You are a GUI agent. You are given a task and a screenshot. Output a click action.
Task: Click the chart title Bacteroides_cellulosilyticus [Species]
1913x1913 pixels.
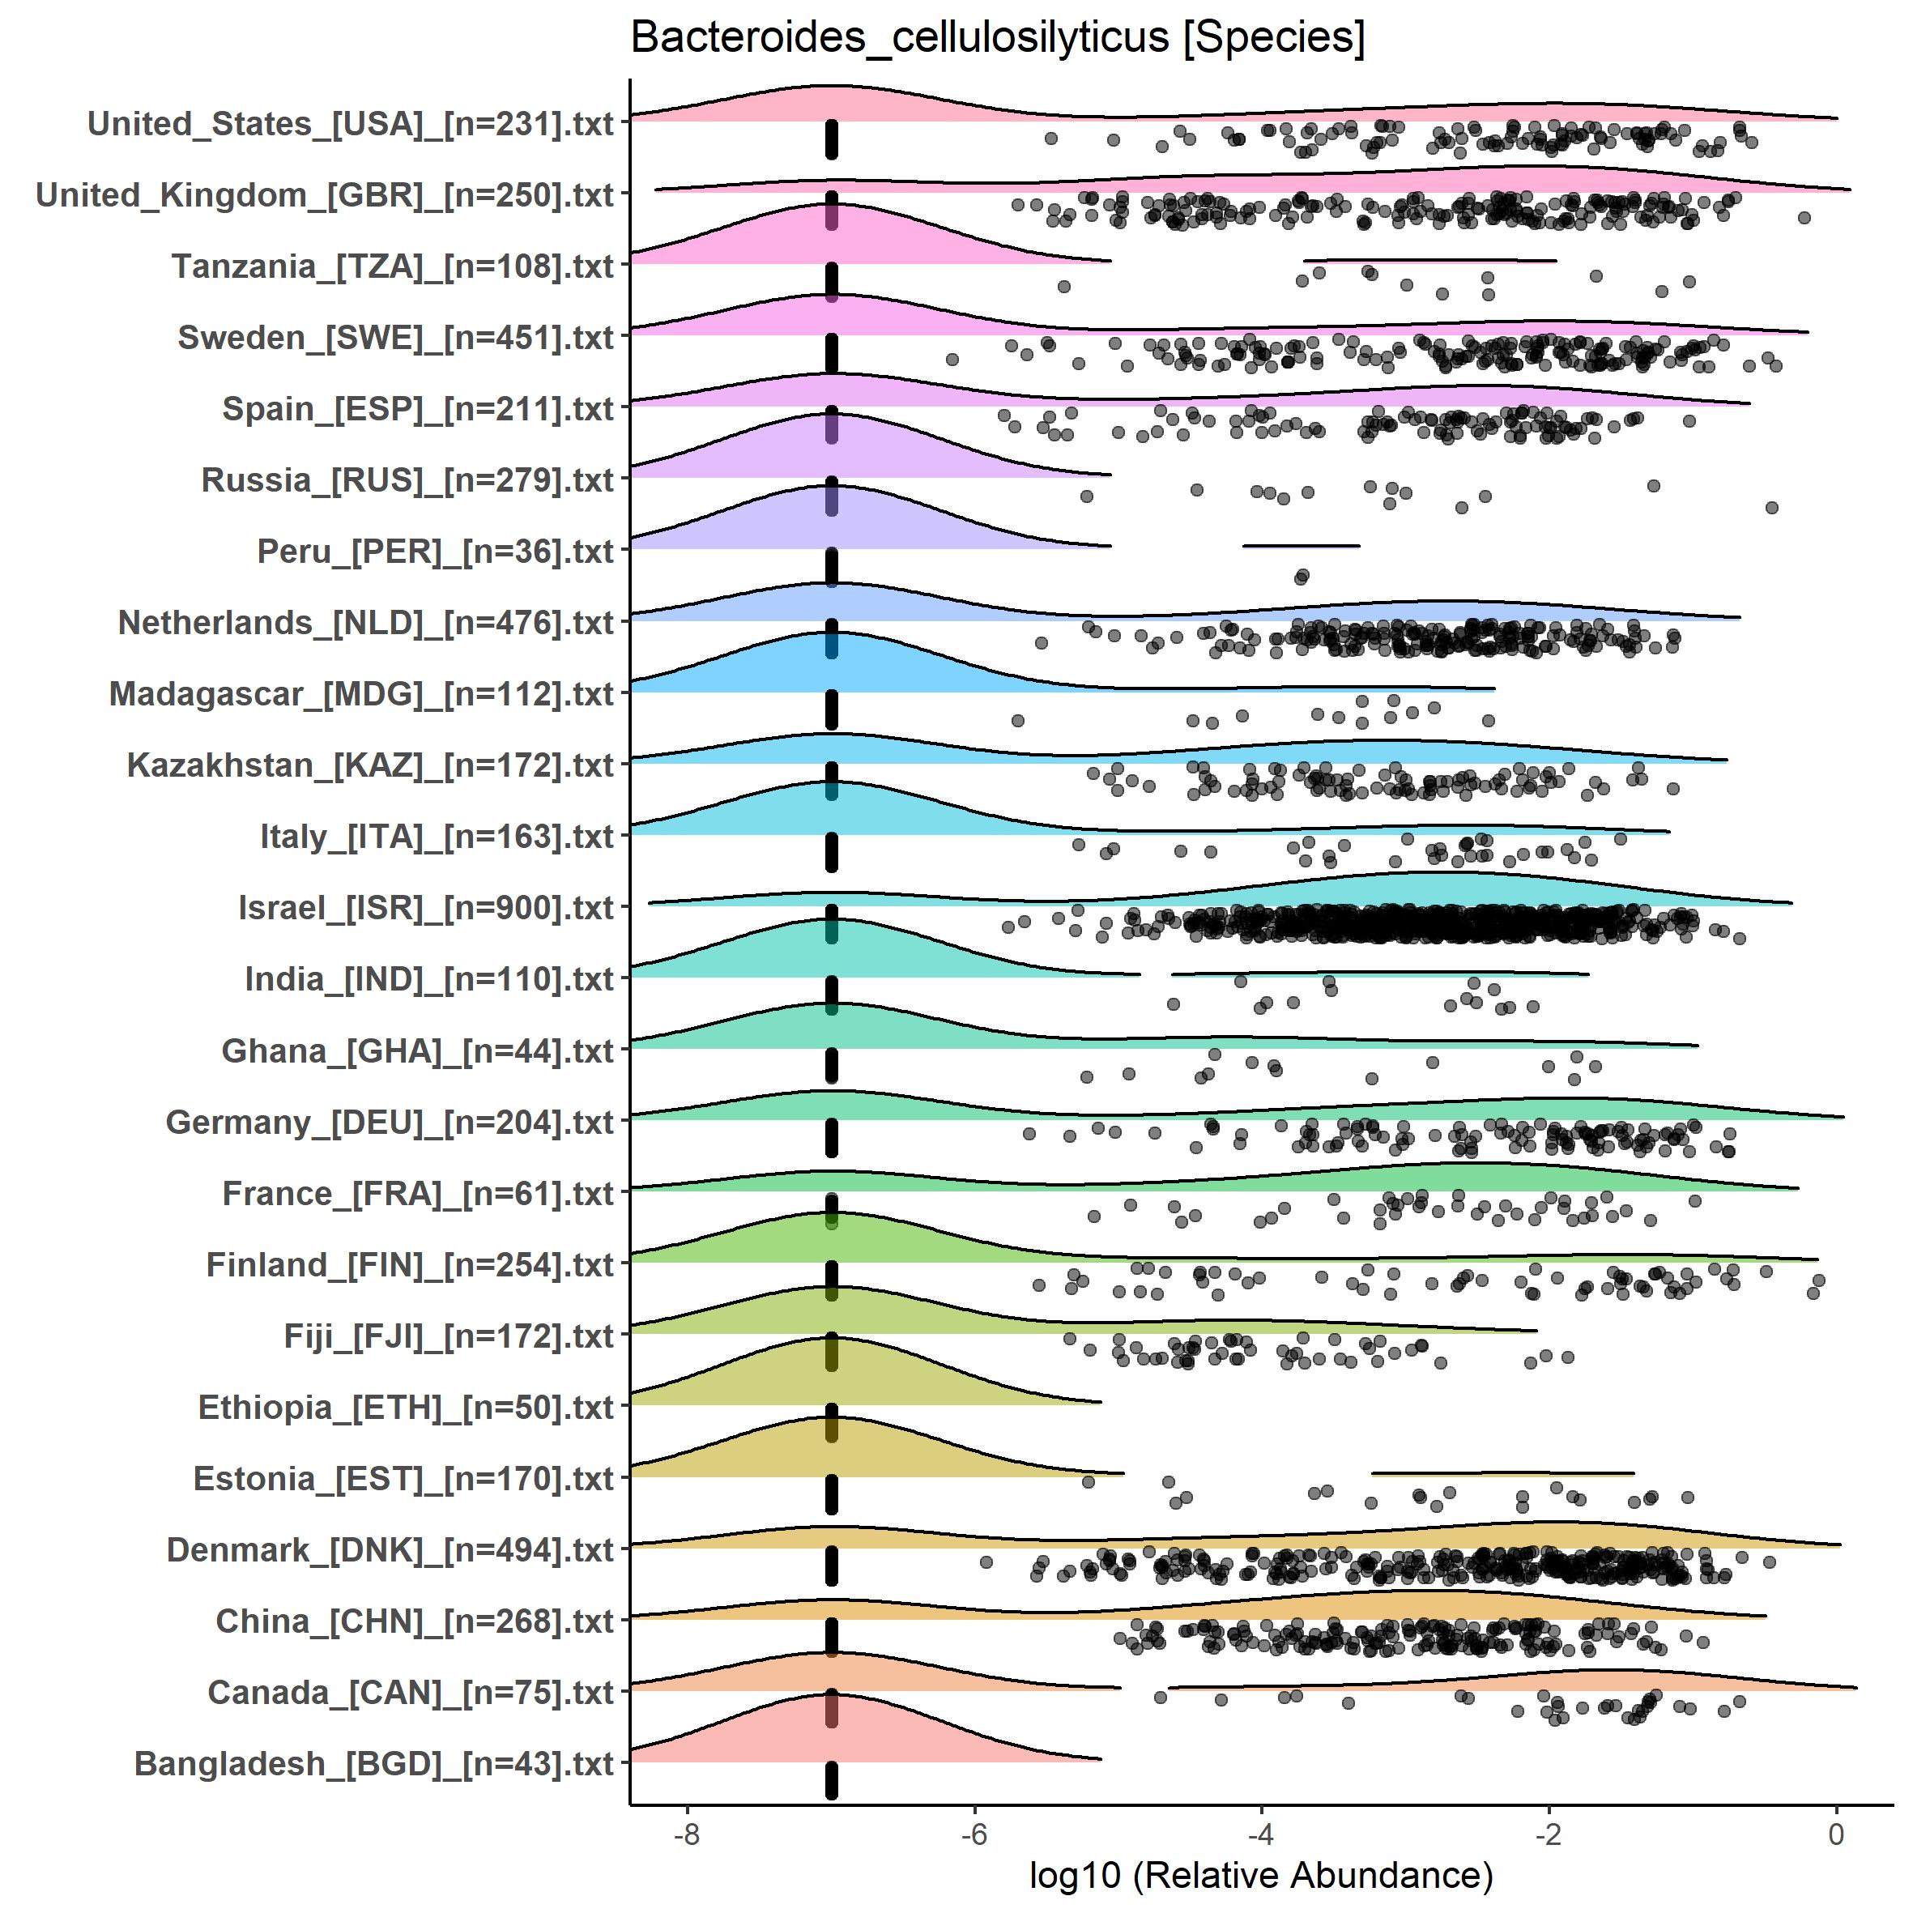pyautogui.click(x=997, y=37)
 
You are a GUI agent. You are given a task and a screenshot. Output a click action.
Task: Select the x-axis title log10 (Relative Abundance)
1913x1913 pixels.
pyautogui.click(x=1260, y=1874)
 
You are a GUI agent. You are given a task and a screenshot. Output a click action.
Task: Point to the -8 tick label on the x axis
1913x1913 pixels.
pyautogui.click(x=686, y=1834)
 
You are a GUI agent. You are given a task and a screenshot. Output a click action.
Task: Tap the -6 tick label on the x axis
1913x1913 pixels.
pyautogui.click(x=974, y=1834)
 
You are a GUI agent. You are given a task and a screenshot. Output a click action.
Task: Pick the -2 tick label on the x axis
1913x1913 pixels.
pyautogui.click(x=1549, y=1834)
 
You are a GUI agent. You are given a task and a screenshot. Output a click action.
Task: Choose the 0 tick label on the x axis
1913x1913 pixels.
pyautogui.click(x=1836, y=1834)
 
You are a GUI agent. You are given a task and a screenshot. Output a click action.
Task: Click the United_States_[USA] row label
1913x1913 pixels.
pyautogui.click(x=351, y=124)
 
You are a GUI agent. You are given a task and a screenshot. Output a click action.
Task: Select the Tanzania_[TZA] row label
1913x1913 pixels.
pyautogui.click(x=393, y=266)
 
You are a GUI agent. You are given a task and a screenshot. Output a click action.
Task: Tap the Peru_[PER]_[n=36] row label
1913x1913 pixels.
pyautogui.click(x=436, y=552)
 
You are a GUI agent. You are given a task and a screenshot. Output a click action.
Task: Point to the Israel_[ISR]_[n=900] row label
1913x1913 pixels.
pyautogui.click(x=426, y=908)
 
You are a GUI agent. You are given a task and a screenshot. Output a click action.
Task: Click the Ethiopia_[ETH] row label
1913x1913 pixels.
pyautogui.click(x=406, y=1407)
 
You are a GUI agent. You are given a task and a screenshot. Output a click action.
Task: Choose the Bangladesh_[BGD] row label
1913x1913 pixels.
pyautogui.click(x=374, y=1763)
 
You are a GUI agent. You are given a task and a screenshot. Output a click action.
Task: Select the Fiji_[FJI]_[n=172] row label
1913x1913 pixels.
pyautogui.click(x=449, y=1336)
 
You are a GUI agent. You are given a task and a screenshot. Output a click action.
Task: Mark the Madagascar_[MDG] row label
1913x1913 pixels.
pyautogui.click(x=361, y=694)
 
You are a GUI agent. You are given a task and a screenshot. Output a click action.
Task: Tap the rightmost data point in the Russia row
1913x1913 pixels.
pyautogui.click(x=1771, y=508)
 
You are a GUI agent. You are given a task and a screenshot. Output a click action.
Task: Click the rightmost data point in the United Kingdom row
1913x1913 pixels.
pyautogui.click(x=1804, y=218)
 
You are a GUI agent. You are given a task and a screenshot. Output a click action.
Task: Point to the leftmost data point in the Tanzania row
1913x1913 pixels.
pyautogui.click(x=1063, y=286)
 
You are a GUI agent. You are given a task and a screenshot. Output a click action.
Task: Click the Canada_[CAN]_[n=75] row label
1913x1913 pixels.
pyautogui.click(x=411, y=1692)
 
